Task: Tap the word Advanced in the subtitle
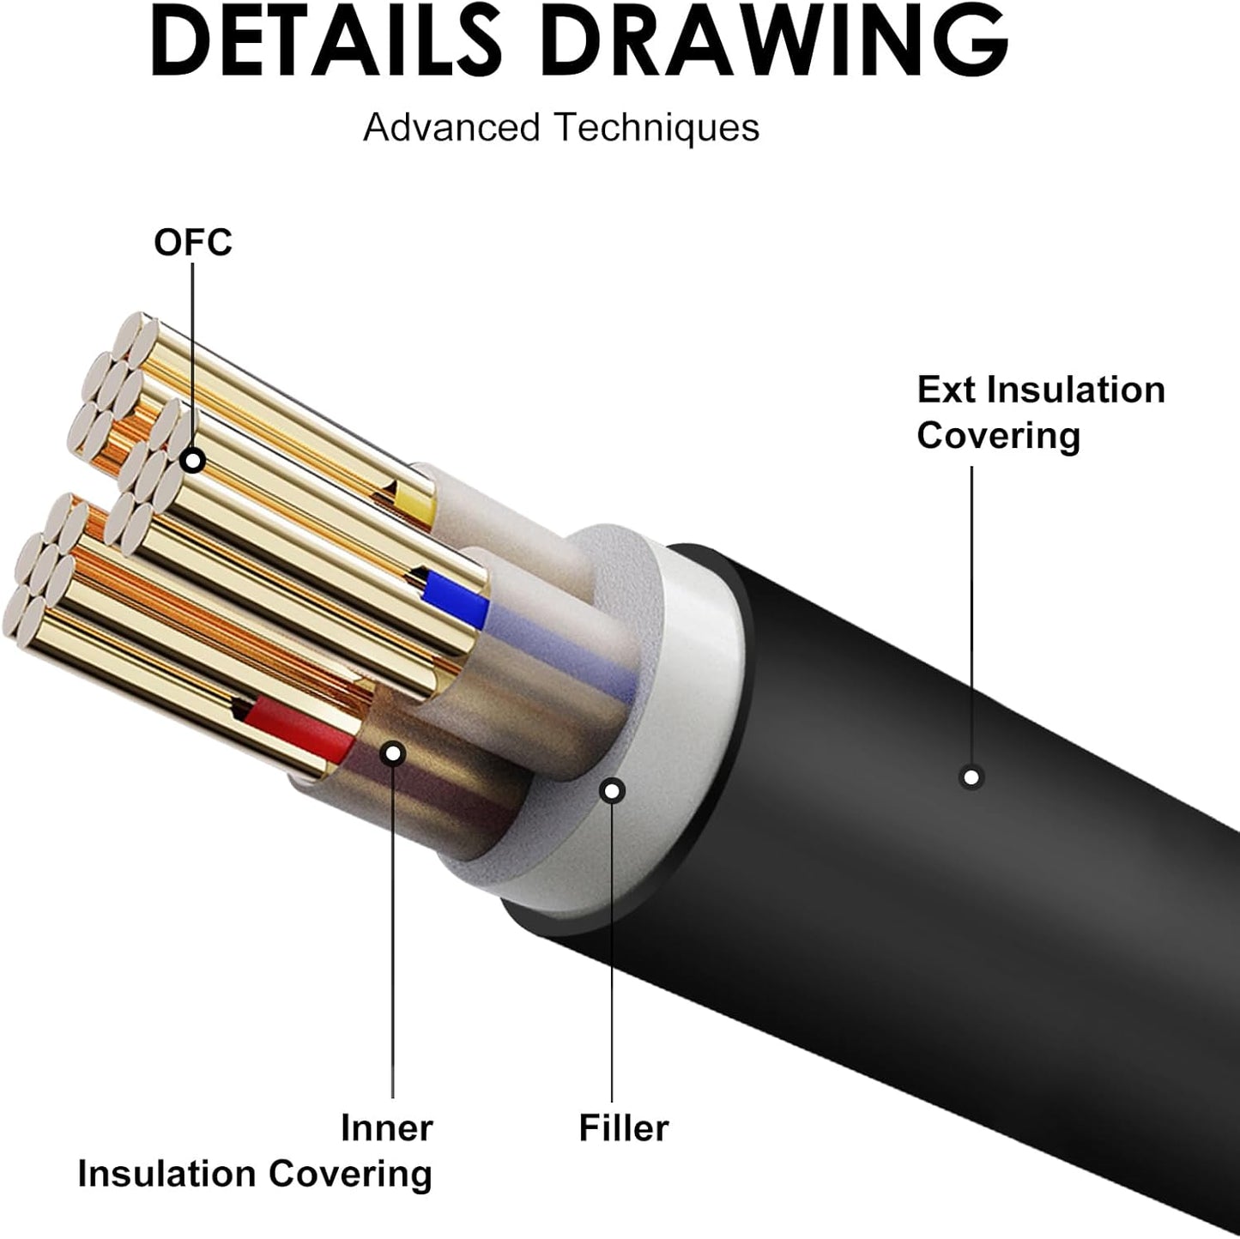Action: point(451,128)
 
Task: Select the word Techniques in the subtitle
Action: point(656,128)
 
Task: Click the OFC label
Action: point(193,243)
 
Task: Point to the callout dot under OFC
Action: point(194,461)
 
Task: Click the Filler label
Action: point(623,1127)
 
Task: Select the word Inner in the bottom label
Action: point(386,1127)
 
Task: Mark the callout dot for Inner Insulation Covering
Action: point(393,754)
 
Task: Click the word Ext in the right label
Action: point(947,390)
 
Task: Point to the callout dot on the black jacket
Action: point(971,777)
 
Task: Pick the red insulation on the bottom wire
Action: point(300,729)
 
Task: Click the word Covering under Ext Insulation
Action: point(998,436)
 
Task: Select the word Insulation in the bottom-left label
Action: point(168,1173)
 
